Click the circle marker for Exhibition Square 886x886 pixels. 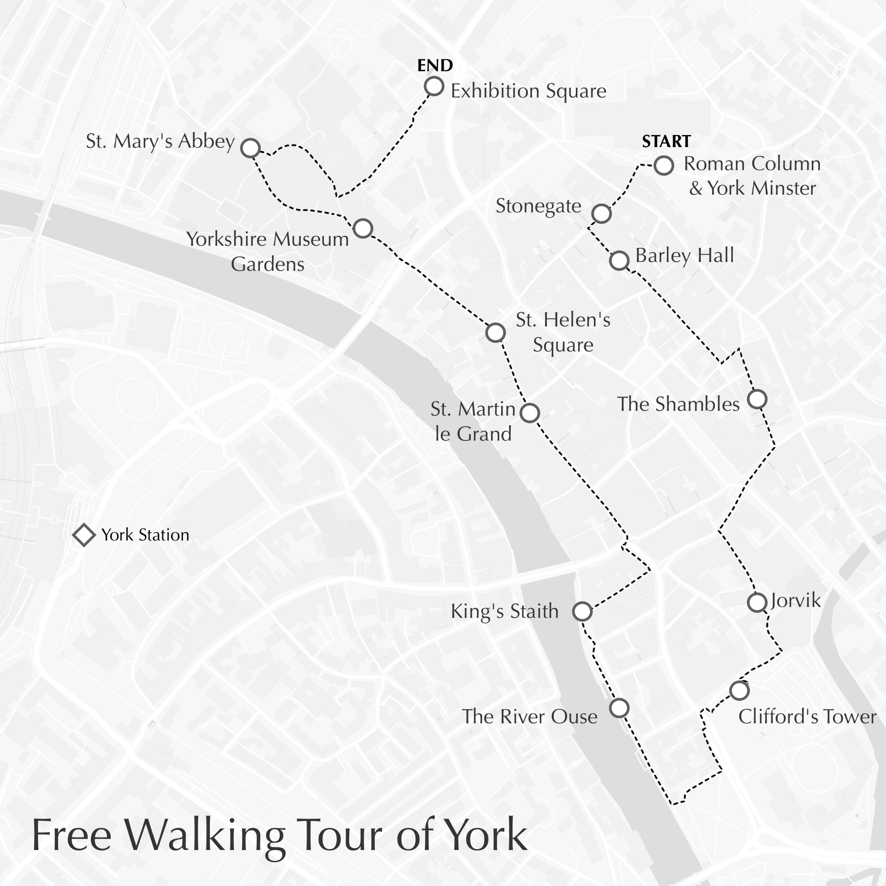point(434,86)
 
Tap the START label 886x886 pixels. point(666,142)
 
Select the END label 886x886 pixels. point(435,65)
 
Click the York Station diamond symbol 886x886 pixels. point(84,535)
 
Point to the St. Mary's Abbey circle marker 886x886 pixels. point(250,148)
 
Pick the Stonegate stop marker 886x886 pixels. point(601,213)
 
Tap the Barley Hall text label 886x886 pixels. point(684,255)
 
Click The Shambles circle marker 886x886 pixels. point(757,399)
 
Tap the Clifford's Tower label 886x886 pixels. point(807,717)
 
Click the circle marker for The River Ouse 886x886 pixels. point(619,708)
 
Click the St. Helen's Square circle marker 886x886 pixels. point(495,333)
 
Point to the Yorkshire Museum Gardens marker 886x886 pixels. point(363,228)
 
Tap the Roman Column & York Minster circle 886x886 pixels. point(663,165)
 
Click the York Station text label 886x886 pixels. point(145,535)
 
